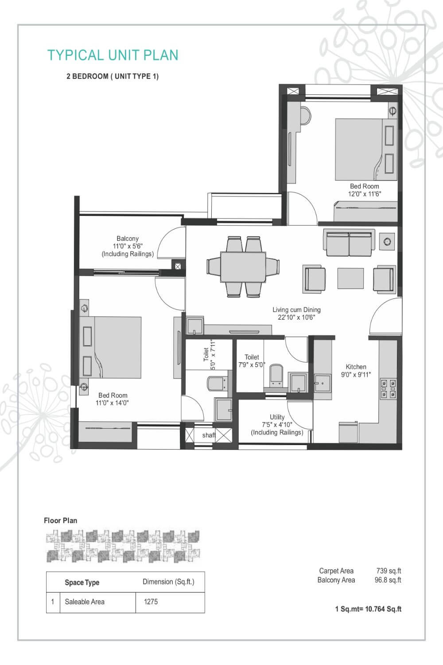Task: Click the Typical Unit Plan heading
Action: click(x=113, y=55)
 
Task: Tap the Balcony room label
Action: click(x=128, y=239)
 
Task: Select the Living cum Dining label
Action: click(x=296, y=310)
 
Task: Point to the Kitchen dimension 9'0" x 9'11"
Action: click(x=356, y=375)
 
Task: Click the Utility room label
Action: click(x=277, y=417)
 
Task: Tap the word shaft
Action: click(x=209, y=435)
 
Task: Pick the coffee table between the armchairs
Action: click(x=350, y=278)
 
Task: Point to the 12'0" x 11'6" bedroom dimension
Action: click(x=365, y=194)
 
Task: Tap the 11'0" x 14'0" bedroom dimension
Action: click(x=113, y=403)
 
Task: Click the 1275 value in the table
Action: click(x=151, y=602)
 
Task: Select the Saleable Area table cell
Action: click(x=85, y=602)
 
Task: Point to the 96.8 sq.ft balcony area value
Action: click(x=388, y=580)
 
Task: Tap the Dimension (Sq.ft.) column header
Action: click(x=168, y=582)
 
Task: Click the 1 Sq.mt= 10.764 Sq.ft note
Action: click(x=368, y=609)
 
